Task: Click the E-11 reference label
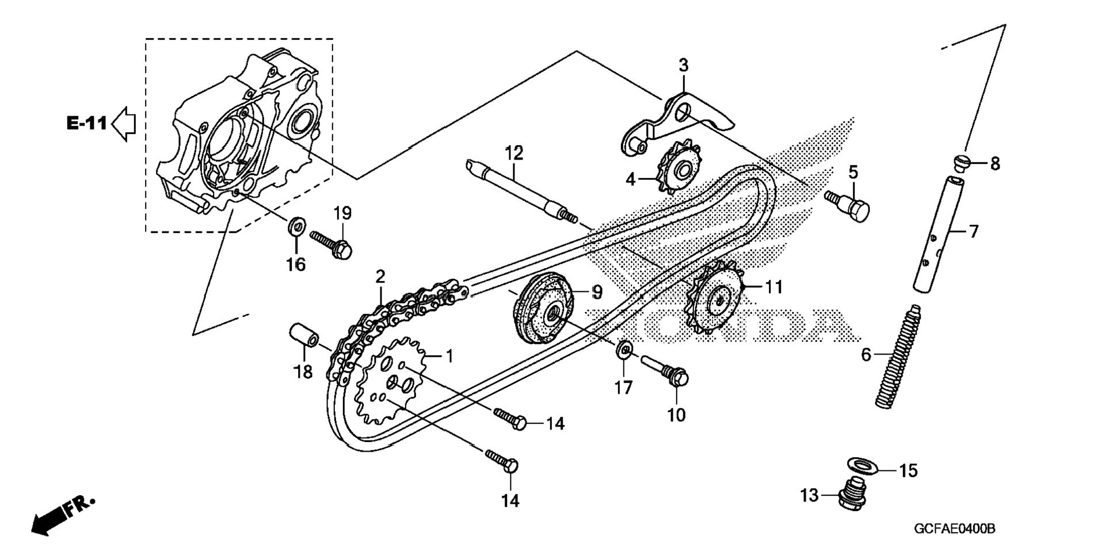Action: (x=86, y=123)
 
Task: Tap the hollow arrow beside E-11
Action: (x=123, y=123)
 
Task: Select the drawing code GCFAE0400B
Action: (x=954, y=529)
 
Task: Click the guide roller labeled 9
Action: (x=544, y=311)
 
